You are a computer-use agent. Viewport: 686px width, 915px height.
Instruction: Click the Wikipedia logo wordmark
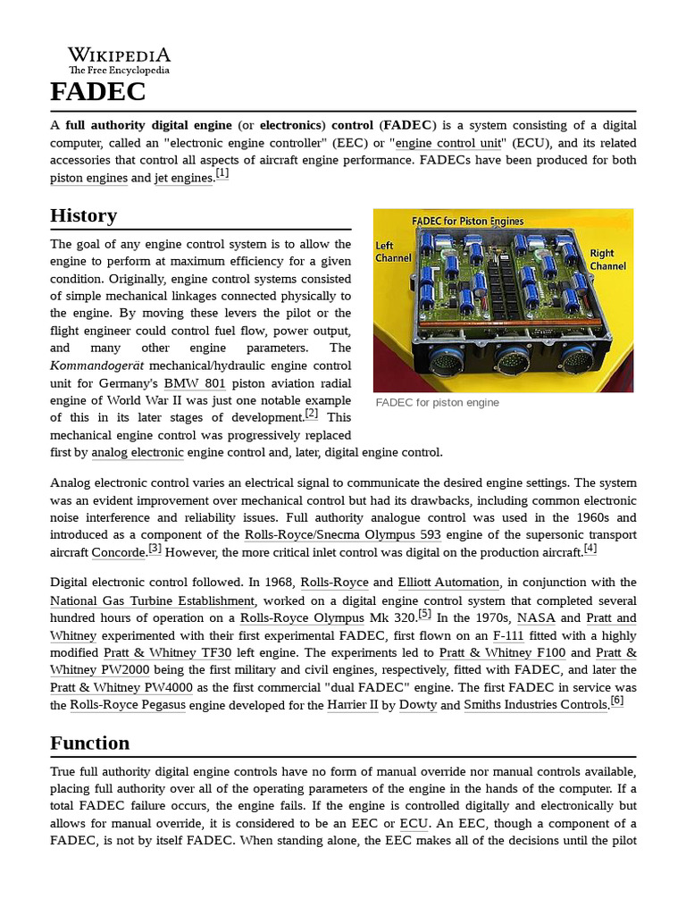click(119, 55)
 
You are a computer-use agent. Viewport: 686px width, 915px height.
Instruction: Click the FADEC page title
click(97, 91)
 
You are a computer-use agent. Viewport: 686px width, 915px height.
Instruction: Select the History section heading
click(83, 215)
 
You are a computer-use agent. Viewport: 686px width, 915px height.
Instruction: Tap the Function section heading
click(89, 743)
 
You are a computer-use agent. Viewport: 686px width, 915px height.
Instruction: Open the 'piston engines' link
click(88, 178)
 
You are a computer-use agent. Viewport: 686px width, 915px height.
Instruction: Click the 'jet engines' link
click(184, 178)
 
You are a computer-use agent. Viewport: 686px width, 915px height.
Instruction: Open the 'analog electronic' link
click(138, 452)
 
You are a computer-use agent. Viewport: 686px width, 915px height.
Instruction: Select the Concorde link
click(118, 552)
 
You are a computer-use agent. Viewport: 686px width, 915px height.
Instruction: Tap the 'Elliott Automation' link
click(449, 583)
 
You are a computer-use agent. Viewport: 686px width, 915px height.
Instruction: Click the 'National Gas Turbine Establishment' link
click(152, 600)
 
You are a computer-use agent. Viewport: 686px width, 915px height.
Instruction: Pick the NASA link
click(535, 617)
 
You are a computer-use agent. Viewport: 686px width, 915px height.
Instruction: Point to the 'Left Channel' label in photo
click(393, 251)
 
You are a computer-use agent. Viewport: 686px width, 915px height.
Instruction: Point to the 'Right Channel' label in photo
click(607, 259)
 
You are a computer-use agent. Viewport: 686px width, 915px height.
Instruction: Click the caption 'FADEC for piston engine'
click(438, 402)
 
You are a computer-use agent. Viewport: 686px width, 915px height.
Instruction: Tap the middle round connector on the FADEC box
click(511, 362)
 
